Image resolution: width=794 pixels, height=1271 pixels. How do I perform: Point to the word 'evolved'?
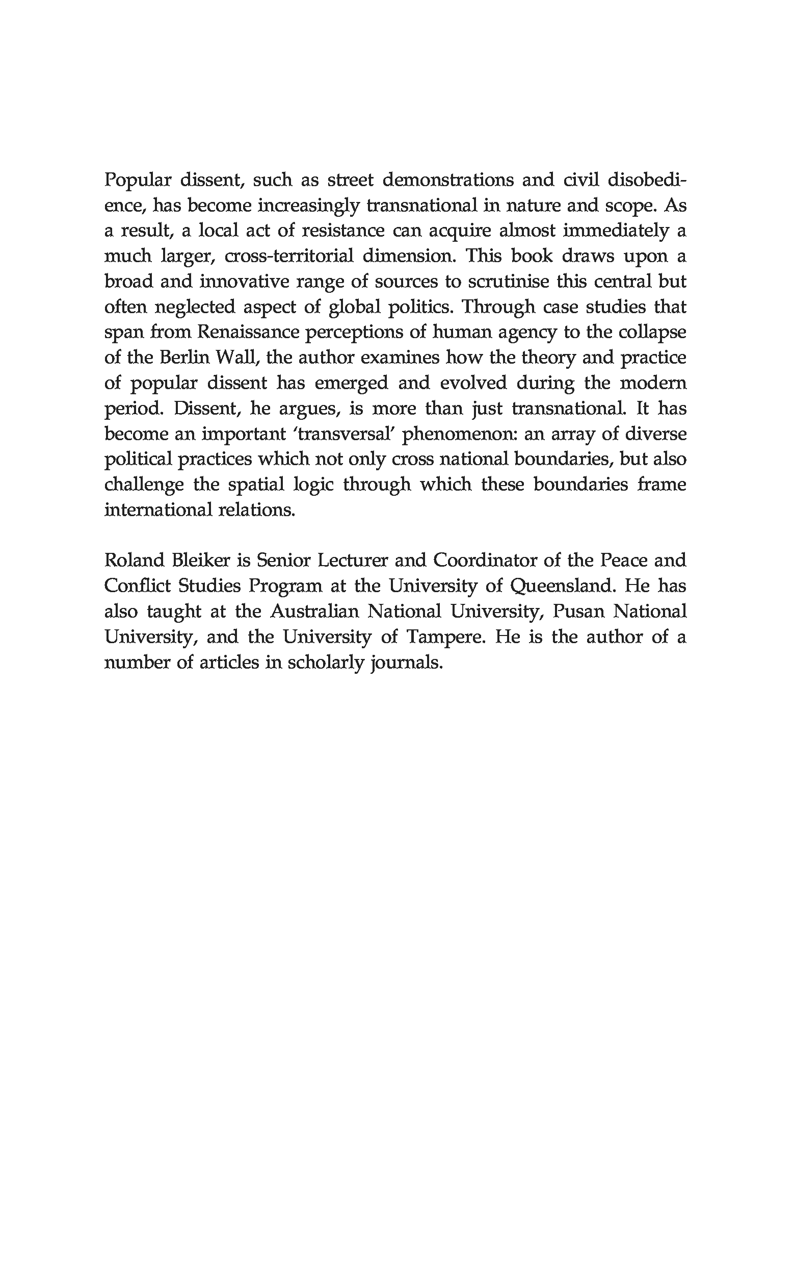click(x=473, y=383)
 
